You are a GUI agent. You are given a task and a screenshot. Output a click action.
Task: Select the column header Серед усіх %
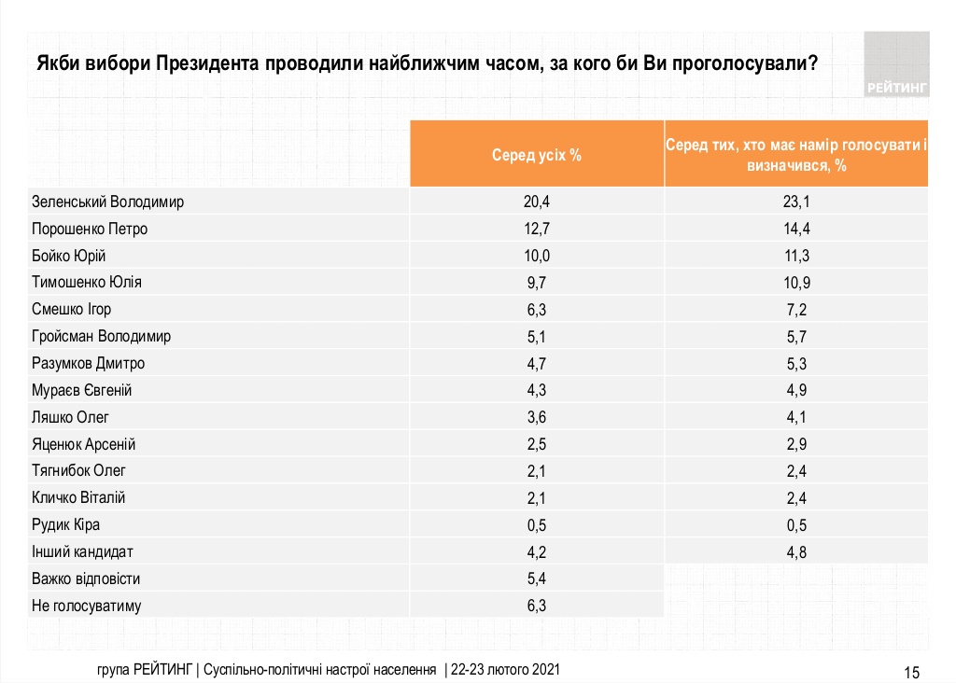click(537, 155)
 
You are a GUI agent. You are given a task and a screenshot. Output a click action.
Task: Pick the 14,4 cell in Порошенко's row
click(796, 229)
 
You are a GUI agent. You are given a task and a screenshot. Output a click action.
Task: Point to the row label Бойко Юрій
click(68, 256)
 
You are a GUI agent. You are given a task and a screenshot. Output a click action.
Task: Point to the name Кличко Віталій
click(78, 498)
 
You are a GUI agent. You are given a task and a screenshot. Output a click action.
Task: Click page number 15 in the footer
click(912, 672)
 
